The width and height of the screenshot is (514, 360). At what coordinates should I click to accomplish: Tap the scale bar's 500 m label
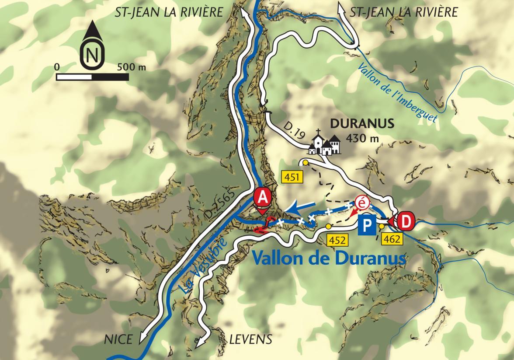[x=132, y=67]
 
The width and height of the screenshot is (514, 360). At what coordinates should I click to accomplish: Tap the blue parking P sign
[x=367, y=226]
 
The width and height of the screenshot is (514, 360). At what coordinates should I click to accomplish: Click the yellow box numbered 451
[x=292, y=177]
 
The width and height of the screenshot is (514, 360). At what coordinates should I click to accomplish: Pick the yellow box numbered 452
[x=339, y=239]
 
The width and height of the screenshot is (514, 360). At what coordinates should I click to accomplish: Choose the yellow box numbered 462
[x=392, y=239]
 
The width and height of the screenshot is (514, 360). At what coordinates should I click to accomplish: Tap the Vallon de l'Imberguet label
[x=398, y=92]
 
